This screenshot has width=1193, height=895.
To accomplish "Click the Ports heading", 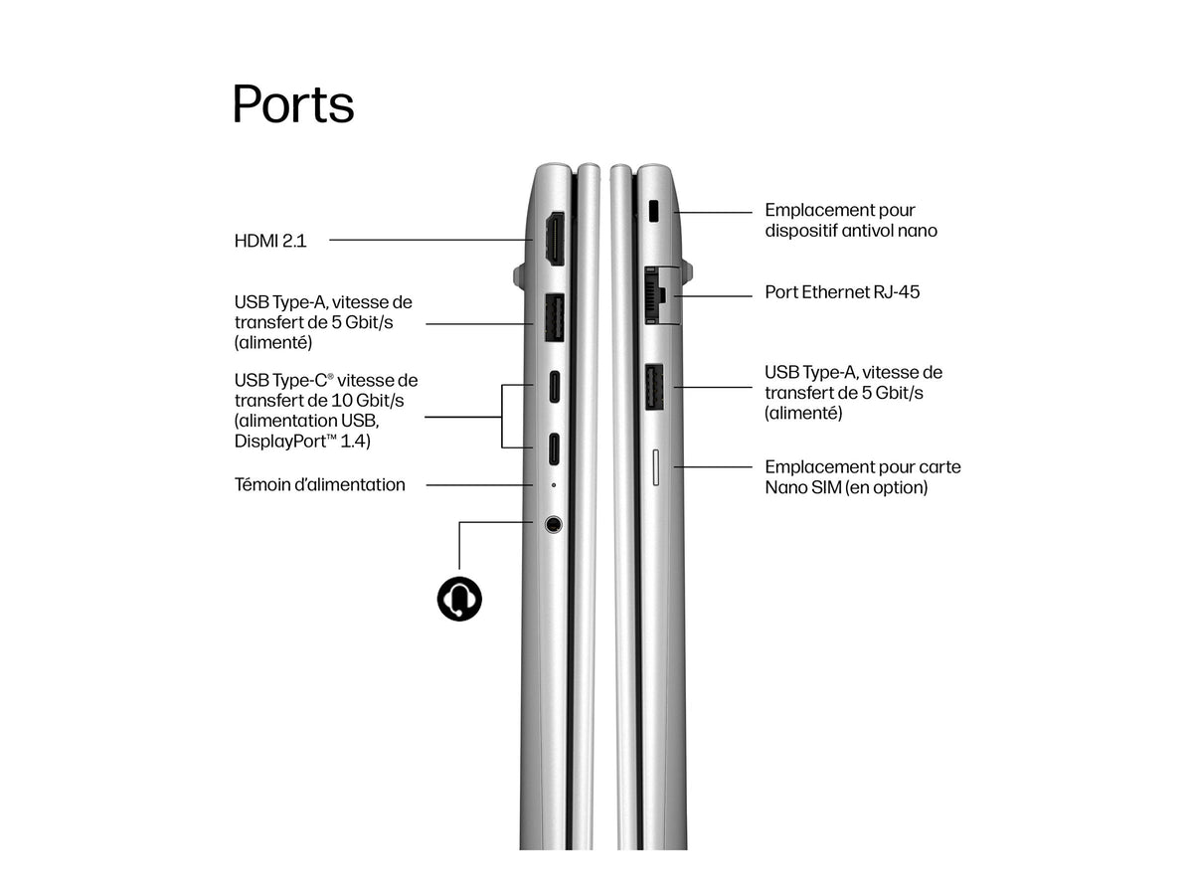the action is tap(292, 103).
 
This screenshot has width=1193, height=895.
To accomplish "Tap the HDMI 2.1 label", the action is tap(270, 241).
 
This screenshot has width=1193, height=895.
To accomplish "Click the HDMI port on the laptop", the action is tap(555, 239).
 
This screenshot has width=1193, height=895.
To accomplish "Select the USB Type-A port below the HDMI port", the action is tap(554, 318).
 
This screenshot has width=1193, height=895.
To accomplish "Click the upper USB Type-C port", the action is tap(554, 387).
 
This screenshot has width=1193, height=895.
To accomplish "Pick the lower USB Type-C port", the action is tap(554, 448).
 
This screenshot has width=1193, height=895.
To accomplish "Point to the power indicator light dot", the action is tap(554, 484).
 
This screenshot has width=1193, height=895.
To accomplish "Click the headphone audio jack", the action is tap(554, 524).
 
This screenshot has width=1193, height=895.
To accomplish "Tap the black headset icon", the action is tap(459, 599).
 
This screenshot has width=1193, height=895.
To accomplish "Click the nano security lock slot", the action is tap(654, 211).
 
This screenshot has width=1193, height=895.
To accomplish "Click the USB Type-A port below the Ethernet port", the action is tap(654, 387).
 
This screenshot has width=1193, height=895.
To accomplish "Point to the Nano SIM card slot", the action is tap(655, 467).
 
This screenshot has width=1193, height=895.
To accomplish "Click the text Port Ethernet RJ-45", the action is tap(842, 292).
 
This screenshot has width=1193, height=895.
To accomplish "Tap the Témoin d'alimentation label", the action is tap(319, 484).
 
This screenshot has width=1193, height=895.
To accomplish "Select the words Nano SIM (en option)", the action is tap(846, 487).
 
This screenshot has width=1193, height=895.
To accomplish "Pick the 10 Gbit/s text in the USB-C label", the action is tap(368, 401).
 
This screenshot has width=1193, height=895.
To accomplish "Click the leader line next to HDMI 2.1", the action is tap(431, 240).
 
